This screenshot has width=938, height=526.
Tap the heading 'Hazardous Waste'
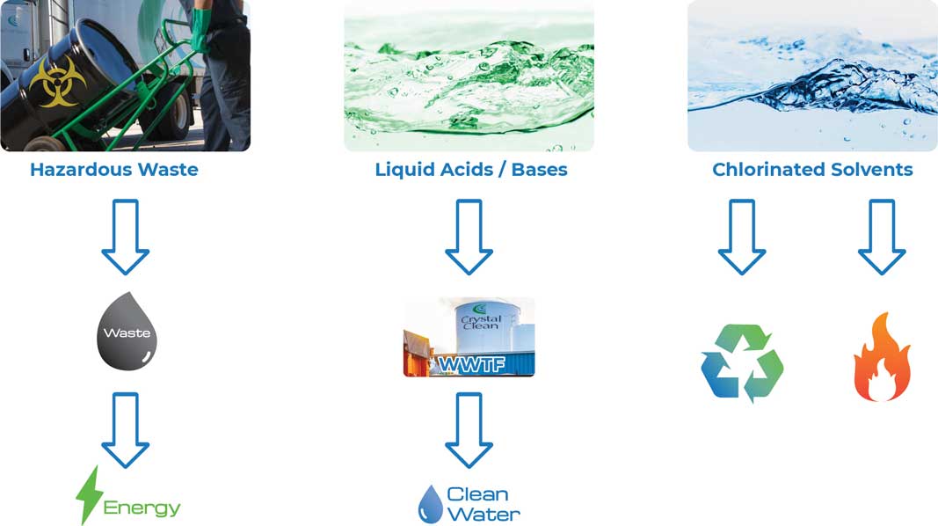pyautogui.click(x=114, y=170)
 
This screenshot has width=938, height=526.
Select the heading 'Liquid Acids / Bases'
pyautogui.click(x=471, y=170)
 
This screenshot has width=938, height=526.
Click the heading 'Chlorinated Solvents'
pyautogui.click(x=812, y=170)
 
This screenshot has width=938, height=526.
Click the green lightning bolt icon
pyautogui.click(x=89, y=495)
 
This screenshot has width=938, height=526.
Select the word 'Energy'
pyautogui.click(x=142, y=508)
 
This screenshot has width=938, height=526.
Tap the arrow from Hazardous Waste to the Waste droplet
pyautogui.click(x=126, y=237)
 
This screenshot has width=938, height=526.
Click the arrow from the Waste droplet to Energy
pyautogui.click(x=126, y=429)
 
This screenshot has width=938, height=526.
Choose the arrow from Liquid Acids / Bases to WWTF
pyautogui.click(x=469, y=237)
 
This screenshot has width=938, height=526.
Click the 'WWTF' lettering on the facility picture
pyautogui.click(x=471, y=363)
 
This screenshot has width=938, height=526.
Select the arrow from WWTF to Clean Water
pyautogui.click(x=469, y=429)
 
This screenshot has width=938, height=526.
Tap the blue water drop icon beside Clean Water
pyautogui.click(x=430, y=504)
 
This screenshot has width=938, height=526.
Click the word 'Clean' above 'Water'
pyautogui.click(x=477, y=494)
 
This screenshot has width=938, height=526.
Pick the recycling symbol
pyautogui.click(x=742, y=362)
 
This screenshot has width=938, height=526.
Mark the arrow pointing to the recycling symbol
pyautogui.click(x=742, y=237)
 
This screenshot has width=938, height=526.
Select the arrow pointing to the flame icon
pyautogui.click(x=882, y=237)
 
